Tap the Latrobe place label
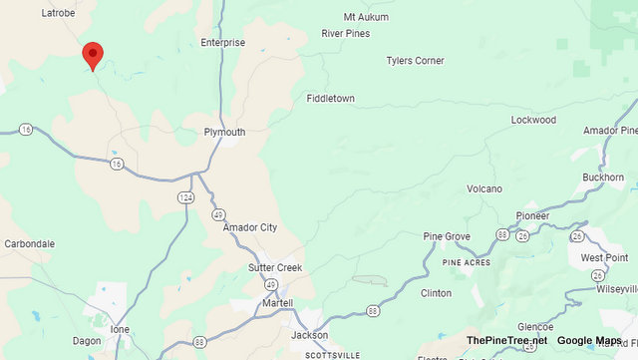[59, 13]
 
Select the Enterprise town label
[222, 43]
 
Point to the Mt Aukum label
[363, 17]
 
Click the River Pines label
[345, 33]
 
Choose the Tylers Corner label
[415, 61]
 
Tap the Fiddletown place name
[330, 99]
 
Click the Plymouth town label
[224, 132]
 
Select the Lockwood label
[533, 120]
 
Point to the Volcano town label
[484, 188]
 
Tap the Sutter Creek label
[274, 268]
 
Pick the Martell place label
[278, 302]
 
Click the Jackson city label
[309, 335]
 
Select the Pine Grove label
[447, 236]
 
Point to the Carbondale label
[29, 243]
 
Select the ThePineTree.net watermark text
[506, 340]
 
